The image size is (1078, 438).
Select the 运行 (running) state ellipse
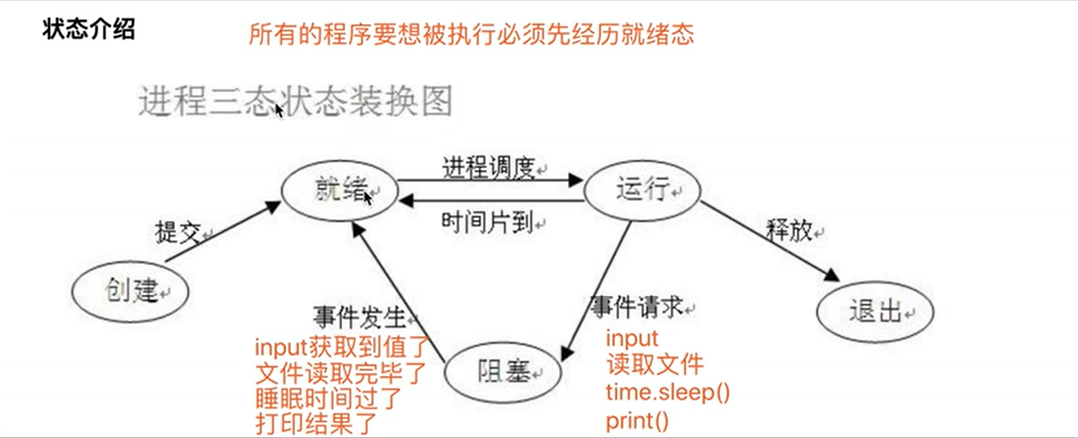(642, 190)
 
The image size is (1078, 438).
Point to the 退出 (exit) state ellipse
(874, 313)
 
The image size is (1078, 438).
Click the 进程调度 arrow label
(489, 166)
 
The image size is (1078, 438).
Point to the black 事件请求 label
(637, 307)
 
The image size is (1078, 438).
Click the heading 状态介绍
(88, 29)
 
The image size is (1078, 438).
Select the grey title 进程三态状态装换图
(296, 101)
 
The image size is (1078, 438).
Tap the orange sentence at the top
(472, 35)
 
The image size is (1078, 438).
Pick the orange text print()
(637, 420)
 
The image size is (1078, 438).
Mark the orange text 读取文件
(655, 365)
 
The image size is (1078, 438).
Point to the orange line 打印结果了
(317, 422)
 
